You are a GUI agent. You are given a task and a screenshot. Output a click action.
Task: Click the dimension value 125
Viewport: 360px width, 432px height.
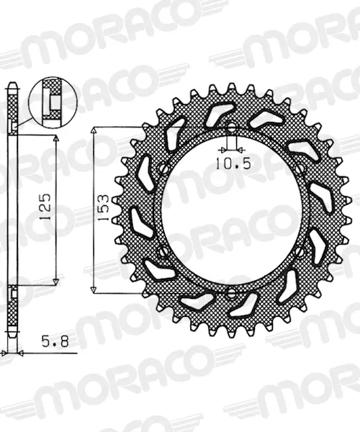(45, 207)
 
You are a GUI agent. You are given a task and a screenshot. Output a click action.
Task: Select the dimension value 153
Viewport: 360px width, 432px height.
(104, 208)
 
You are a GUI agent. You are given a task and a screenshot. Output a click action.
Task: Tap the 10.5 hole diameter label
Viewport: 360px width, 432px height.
(233, 164)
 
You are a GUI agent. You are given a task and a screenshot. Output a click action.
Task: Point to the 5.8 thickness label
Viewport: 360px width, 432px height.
(55, 342)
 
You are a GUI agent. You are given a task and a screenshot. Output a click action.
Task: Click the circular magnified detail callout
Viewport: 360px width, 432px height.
(53, 102)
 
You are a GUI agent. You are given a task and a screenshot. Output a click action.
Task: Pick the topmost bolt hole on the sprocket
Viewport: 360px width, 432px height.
(231, 127)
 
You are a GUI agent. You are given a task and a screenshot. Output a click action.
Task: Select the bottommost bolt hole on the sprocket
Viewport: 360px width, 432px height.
(231, 293)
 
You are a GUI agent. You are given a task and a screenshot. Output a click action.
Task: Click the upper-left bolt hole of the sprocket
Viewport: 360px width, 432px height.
(164, 168)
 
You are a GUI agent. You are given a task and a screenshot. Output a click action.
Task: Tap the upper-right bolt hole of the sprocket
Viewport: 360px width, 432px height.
(300, 168)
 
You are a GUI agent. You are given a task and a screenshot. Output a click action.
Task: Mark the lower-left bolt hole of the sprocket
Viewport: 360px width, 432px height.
(163, 251)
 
